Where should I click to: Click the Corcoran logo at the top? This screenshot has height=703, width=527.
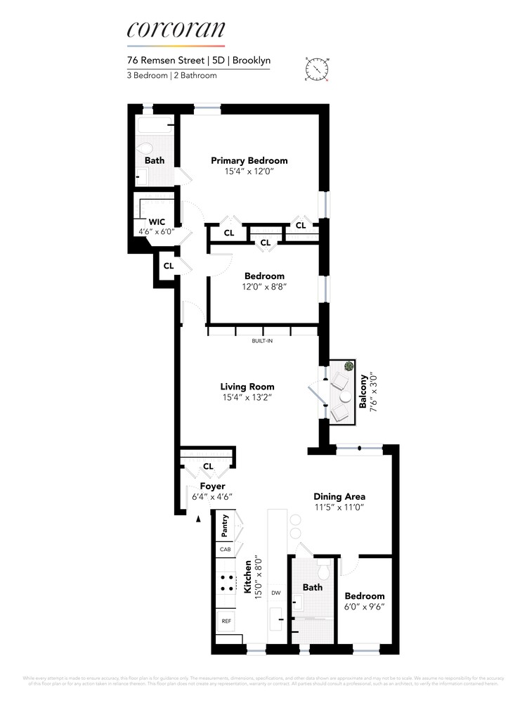[176, 30]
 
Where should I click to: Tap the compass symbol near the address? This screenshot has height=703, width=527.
[318, 70]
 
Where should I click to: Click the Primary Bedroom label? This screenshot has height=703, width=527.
[249, 160]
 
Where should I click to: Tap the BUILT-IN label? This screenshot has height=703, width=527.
[262, 341]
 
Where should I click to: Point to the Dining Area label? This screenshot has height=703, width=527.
[339, 496]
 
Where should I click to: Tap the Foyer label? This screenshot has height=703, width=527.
[212, 486]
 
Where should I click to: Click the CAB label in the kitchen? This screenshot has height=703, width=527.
[225, 549]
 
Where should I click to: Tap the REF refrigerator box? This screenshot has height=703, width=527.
[226, 621]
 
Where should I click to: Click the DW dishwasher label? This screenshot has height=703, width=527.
[277, 592]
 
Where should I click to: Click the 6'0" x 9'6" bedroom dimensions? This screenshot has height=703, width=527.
[365, 606]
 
